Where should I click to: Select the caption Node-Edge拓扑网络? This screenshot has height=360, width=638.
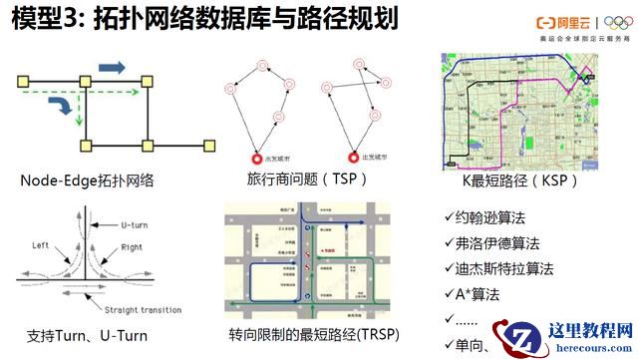pyautogui.click(x=93, y=180)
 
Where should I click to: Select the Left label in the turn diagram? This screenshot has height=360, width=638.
pyautogui.click(x=41, y=244)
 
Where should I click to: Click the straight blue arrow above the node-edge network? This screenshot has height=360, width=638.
pyautogui.click(x=112, y=67)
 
